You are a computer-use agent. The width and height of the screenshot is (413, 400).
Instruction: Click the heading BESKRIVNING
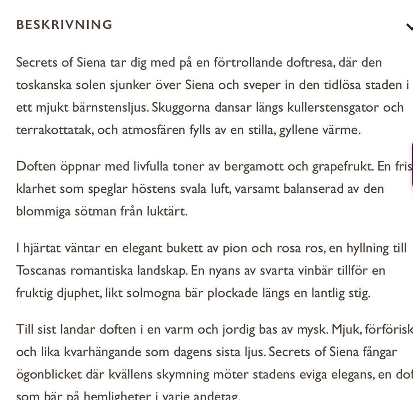point(64,25)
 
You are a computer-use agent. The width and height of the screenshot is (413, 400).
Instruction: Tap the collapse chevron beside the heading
point(409,27)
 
